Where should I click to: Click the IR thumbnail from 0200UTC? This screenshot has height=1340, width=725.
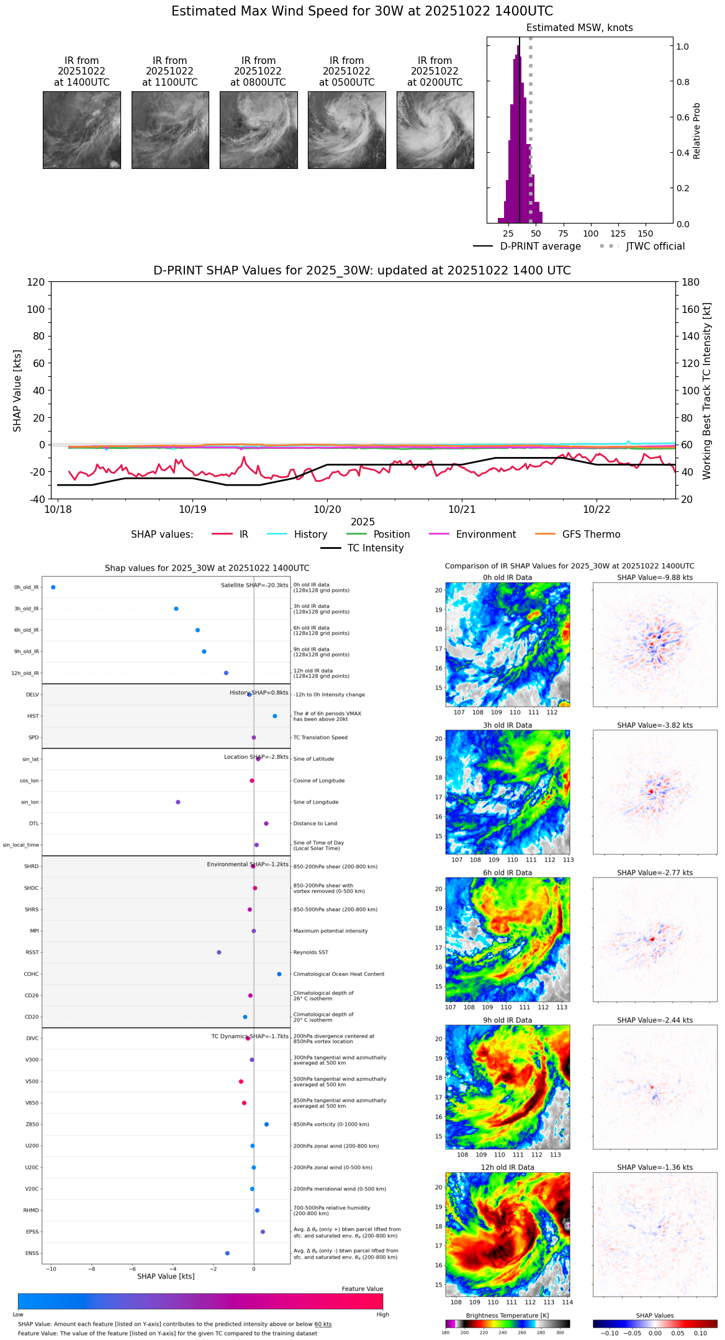[435, 130]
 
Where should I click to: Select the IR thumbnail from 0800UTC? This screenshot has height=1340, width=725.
[258, 130]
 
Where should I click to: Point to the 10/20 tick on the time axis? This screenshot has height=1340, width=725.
[327, 509]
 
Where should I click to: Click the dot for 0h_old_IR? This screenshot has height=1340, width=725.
[53, 587]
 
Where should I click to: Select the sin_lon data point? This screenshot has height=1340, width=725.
[178, 802]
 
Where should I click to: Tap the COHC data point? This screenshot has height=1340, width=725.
[279, 974]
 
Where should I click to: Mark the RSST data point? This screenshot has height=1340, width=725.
[218, 952]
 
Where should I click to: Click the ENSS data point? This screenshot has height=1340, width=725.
[227, 1253]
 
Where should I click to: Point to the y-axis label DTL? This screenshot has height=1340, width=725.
[34, 823]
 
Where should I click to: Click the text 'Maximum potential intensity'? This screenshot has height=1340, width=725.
[330, 931]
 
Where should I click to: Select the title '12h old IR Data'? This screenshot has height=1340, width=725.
[507, 1167]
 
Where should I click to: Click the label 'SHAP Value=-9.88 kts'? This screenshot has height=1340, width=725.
[655, 577]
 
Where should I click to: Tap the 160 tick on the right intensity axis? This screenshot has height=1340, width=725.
[691, 309]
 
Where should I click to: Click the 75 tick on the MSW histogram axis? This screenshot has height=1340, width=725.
[563, 233]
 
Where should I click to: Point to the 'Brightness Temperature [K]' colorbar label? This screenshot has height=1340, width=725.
[507, 1315]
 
